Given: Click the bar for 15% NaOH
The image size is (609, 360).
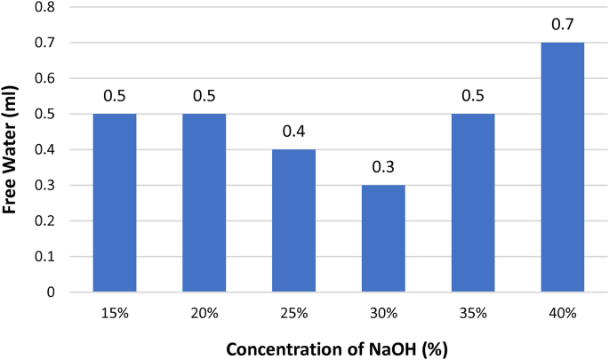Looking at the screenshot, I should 115,203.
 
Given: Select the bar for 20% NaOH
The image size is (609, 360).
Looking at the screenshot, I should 204,203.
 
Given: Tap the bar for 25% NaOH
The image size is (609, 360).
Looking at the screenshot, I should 294,220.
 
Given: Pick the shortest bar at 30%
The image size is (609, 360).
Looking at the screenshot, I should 384,238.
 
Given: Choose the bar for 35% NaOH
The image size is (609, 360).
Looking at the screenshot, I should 473,203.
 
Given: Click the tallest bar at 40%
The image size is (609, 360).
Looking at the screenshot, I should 563,167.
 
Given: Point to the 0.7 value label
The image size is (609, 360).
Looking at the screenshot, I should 563,25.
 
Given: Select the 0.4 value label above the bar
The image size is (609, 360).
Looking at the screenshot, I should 294,132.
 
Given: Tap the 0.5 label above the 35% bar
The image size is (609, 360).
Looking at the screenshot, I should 473,96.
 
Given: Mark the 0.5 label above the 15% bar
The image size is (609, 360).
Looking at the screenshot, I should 115,96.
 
